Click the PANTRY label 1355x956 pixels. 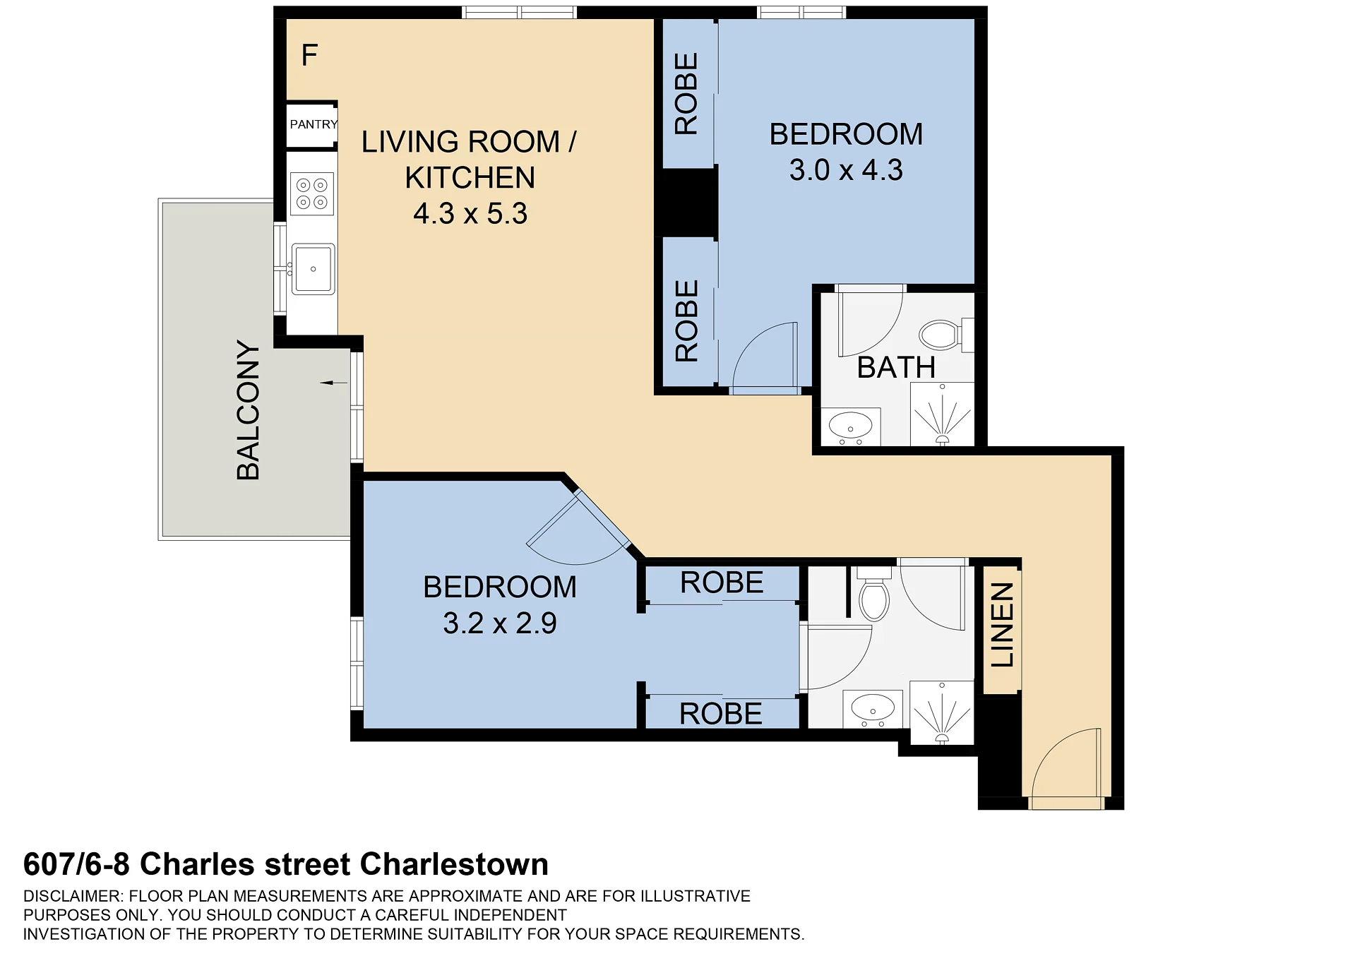314,124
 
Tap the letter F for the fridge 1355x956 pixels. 309,55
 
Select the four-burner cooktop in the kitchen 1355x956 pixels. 312,193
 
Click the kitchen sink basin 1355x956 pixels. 313,268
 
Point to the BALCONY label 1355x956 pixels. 249,410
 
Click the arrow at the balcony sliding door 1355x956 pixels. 334,383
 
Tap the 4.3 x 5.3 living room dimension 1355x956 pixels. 470,214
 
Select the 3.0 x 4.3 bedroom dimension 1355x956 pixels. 846,170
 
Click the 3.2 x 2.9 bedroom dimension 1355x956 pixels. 500,623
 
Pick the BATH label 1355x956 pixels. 896,368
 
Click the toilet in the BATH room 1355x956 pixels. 946,335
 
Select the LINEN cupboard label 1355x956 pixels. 1003,625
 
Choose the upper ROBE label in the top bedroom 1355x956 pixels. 686,94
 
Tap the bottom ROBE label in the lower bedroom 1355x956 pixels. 721,714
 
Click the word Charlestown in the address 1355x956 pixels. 454,864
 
